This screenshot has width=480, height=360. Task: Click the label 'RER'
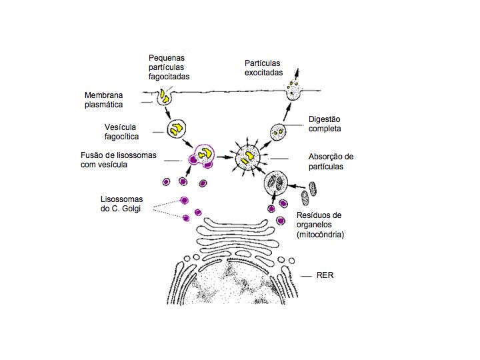325,275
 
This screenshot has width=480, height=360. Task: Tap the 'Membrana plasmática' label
104,99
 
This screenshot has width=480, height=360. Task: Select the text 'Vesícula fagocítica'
122,131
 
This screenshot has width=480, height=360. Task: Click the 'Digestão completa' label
325,124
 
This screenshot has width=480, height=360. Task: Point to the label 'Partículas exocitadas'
263,67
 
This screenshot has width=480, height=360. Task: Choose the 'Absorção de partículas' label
331,161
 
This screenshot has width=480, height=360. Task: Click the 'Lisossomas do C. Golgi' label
120,203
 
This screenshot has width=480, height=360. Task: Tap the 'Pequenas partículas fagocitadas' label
169,67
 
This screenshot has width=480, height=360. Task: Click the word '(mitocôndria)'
319,234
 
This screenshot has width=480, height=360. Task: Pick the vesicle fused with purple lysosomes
203,155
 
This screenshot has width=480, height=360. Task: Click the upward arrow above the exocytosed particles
295,70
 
